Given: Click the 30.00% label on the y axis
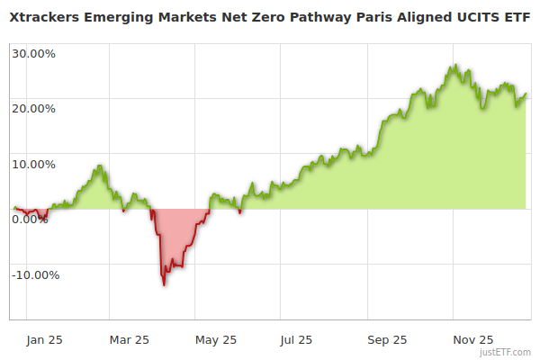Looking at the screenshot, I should pyautogui.click(x=33, y=53).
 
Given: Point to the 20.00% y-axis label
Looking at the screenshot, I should pyautogui.click(x=33, y=109).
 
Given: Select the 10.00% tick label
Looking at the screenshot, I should pyautogui.click(x=33, y=164).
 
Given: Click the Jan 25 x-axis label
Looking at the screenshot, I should pyautogui.click(x=44, y=339).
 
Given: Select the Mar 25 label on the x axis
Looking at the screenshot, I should pyautogui.click(x=129, y=339).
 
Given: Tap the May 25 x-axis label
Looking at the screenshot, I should pyautogui.click(x=215, y=339).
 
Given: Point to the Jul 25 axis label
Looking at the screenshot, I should pyautogui.click(x=296, y=339).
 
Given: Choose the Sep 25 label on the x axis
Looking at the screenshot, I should pyautogui.click(x=388, y=339).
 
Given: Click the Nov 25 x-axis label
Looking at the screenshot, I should pyautogui.click(x=472, y=339).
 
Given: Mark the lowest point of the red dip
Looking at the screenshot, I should pyautogui.click(x=164, y=285).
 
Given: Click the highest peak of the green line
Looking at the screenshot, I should pyautogui.click(x=457, y=65).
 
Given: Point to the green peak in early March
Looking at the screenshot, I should pyautogui.click(x=100, y=166).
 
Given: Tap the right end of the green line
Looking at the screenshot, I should pyautogui.click(x=526, y=94).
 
